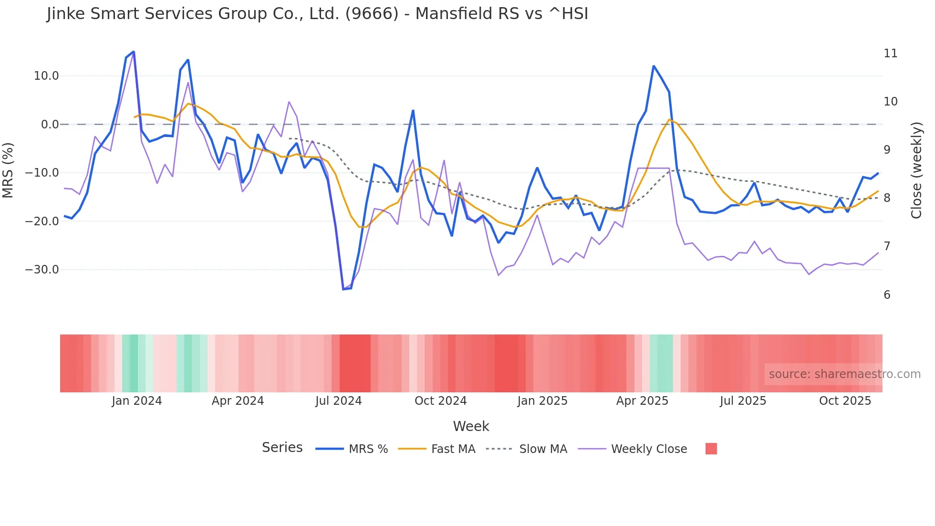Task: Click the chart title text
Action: point(317,14)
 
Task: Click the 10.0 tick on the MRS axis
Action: point(46,76)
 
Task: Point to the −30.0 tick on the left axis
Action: point(42,270)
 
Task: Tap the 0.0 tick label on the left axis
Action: point(50,125)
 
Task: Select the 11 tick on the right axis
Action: point(890,53)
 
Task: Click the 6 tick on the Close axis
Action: point(887,295)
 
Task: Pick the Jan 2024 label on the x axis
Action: point(137,401)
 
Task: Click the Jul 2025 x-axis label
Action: point(743,401)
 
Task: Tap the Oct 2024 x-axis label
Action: point(440,401)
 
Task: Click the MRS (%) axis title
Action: point(8,170)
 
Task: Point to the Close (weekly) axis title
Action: point(916,170)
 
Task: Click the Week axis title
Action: point(471,426)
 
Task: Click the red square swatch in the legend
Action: point(711,449)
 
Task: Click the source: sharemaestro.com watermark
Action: point(844,374)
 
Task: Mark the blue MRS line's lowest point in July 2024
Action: point(343,289)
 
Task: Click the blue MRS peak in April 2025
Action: point(654,66)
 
